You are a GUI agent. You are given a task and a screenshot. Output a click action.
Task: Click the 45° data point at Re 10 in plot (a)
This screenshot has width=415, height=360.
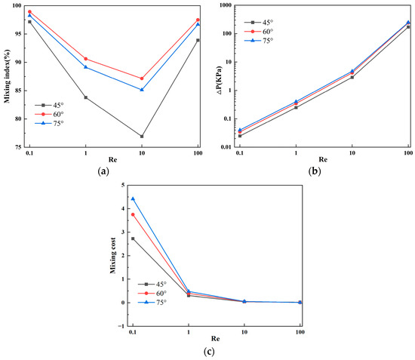[x=142, y=137]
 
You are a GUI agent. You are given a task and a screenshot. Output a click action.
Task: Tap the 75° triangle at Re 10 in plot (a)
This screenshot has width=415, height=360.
[x=142, y=90]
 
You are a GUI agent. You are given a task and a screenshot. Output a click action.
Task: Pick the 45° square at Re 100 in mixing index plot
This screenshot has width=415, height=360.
[x=198, y=40]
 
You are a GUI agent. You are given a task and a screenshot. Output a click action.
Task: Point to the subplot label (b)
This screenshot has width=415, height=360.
[x=315, y=171]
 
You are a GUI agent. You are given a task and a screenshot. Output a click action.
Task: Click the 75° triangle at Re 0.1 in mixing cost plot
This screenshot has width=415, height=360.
[x=133, y=198]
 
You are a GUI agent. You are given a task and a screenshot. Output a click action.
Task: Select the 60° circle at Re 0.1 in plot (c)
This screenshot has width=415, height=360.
[x=133, y=214]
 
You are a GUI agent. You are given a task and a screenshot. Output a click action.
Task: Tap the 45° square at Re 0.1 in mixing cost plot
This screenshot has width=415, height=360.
[x=133, y=238]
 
